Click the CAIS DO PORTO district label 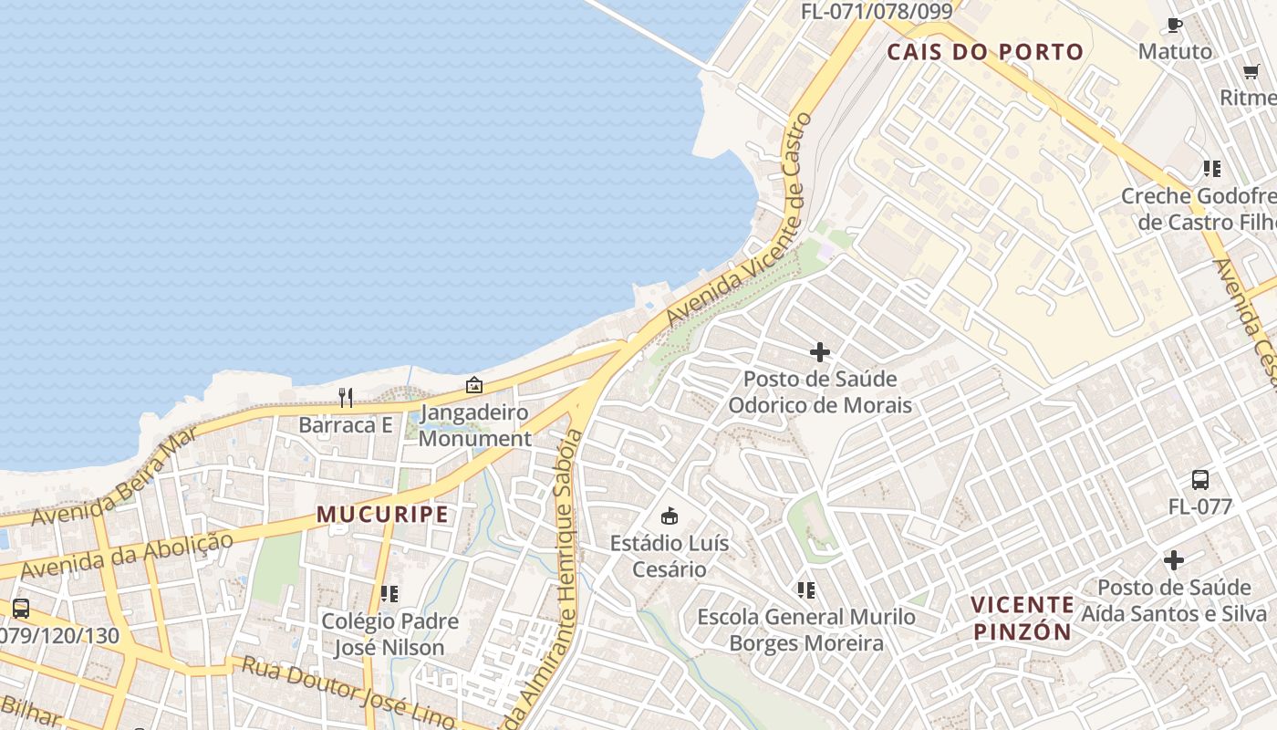(x=985, y=52)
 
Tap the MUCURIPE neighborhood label (x=383, y=514)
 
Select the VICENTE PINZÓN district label (x=1022, y=618)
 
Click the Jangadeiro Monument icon (x=473, y=386)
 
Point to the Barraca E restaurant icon (x=346, y=398)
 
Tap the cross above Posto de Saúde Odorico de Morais (x=820, y=351)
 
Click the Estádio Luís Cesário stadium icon (x=670, y=516)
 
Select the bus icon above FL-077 (x=1200, y=480)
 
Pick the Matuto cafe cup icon (x=1175, y=26)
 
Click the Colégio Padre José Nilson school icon (x=389, y=594)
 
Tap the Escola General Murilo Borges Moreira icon (x=805, y=590)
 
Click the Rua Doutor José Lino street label (x=347, y=690)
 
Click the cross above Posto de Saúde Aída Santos (x=1174, y=559)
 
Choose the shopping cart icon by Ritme (x=1251, y=72)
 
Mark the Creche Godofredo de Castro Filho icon (x=1211, y=168)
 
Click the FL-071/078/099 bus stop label (x=877, y=12)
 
